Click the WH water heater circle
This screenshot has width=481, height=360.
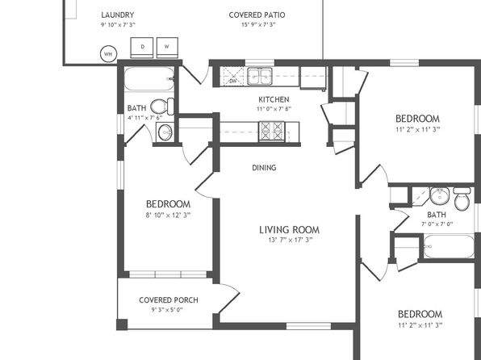pos(109,54)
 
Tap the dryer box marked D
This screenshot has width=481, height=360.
pos(142,48)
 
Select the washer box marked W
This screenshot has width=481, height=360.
pos(167,48)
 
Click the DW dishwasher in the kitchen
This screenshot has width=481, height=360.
pos(233,77)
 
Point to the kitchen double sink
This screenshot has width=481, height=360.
pos(260,76)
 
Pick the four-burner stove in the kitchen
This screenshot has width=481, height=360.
pos(272,132)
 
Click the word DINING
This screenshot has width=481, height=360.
pos(264,168)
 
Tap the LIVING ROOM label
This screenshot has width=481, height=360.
pos(289,229)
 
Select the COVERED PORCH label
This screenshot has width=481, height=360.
pos(169,299)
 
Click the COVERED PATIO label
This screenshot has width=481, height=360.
pos(257,15)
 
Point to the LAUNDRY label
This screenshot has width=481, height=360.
pos(118,15)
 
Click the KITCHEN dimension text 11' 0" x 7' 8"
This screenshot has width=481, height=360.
pos(274,109)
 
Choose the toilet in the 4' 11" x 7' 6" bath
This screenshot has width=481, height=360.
pos(162,107)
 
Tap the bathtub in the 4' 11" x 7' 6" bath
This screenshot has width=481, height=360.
pos(149,78)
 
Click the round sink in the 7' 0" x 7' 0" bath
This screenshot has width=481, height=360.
pos(440,195)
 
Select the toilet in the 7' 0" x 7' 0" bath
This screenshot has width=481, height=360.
pos(462,199)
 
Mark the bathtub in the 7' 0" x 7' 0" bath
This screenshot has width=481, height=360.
pos(449,246)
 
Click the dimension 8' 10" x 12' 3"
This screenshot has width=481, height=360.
pos(168,216)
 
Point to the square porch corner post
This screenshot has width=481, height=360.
pos(122,324)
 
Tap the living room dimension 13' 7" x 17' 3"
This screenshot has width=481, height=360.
pos(290,240)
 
